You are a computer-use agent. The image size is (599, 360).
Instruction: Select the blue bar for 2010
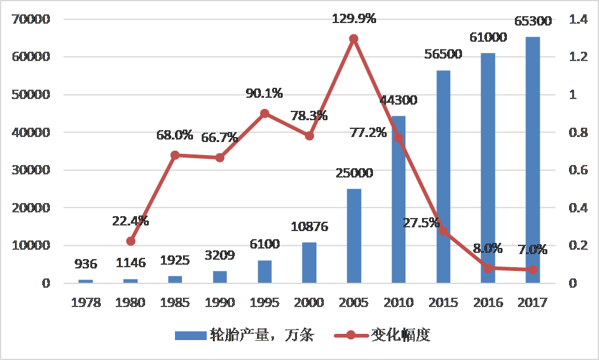coord(399,199)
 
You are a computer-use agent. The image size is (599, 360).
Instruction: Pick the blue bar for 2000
coord(309,262)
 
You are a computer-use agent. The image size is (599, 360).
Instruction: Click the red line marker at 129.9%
coord(354,39)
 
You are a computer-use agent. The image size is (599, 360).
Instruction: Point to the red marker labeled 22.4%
coord(131,241)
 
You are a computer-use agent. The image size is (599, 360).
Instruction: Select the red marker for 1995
coord(265,113)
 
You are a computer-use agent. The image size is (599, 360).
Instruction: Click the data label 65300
coord(532,21)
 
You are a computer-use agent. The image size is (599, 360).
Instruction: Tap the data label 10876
coord(309,227)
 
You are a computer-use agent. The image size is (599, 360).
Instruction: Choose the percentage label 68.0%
coord(175,135)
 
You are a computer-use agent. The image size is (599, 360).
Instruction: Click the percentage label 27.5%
coord(420,223)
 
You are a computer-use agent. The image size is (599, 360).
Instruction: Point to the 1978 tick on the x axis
coord(85,303)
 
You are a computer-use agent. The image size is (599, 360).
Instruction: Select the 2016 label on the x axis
coord(488,303)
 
